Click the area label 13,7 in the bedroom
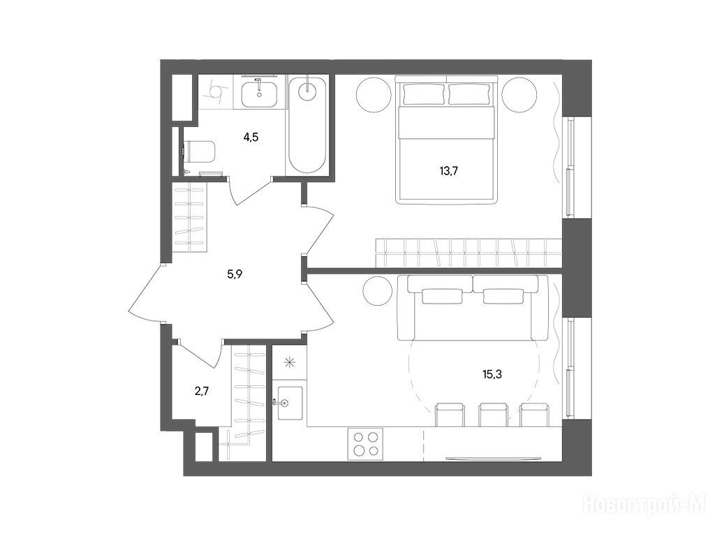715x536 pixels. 448,171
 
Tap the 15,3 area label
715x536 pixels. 492,375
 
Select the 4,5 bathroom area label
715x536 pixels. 251,137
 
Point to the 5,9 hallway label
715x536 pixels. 235,274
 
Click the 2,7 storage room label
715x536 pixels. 202,391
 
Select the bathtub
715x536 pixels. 307,124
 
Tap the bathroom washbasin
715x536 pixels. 259,94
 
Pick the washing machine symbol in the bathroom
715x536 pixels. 215,92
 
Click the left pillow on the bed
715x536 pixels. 422,94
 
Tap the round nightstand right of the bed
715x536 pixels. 519,95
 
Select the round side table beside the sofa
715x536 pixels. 378,291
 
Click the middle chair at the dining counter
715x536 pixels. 492,415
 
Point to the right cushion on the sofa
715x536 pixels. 503,296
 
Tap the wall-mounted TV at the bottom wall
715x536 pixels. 493,458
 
